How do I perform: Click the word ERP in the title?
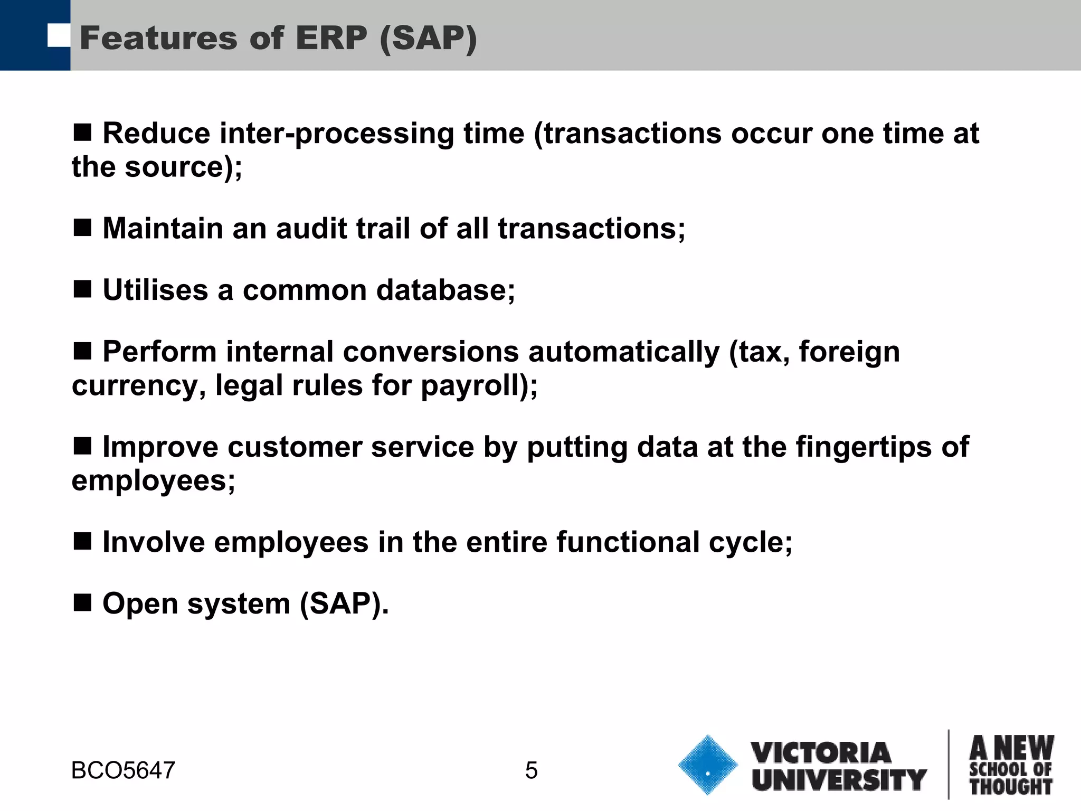[x=331, y=39]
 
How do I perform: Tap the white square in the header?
[x=59, y=35]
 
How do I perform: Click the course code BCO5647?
[x=123, y=771]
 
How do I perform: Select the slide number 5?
[x=531, y=771]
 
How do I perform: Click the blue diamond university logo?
[x=707, y=765]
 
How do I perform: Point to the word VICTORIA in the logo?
[x=821, y=752]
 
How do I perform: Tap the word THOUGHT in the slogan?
[x=1011, y=787]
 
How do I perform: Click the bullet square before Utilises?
[x=83, y=289]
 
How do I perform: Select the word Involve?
[x=154, y=542]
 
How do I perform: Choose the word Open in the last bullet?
[x=140, y=604]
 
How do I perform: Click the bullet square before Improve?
[x=83, y=446]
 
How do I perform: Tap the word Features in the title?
[x=159, y=39]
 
